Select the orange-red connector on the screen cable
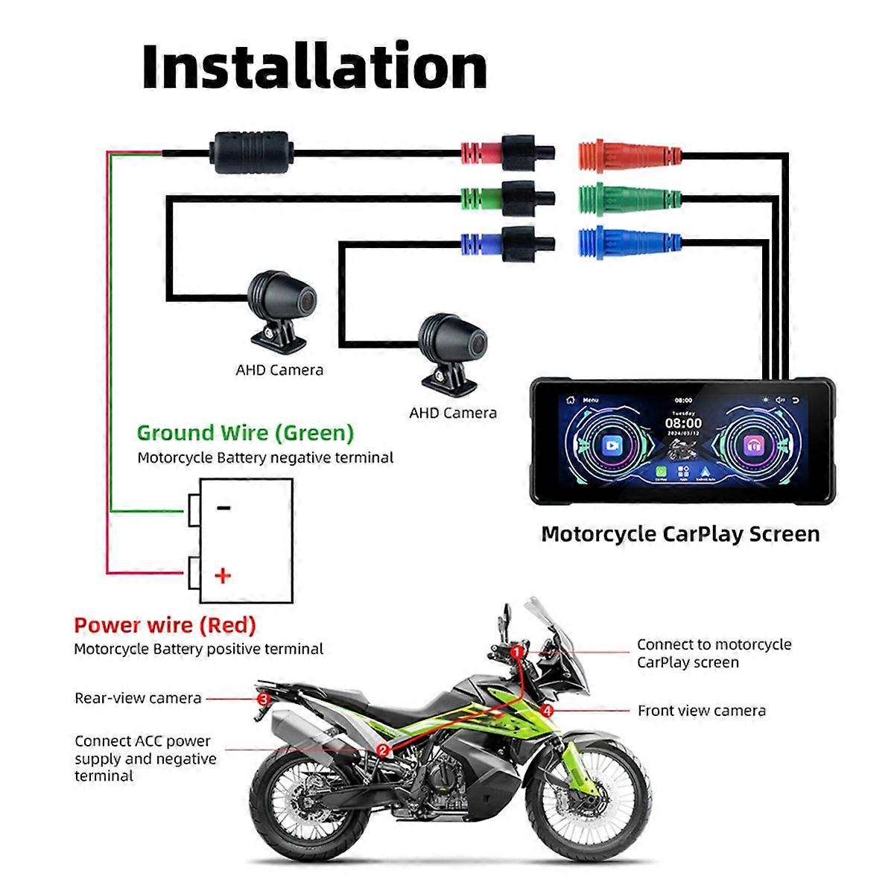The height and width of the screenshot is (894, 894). click(x=630, y=155)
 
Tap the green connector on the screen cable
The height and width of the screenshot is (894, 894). click(x=630, y=198)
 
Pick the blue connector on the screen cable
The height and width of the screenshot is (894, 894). click(x=630, y=242)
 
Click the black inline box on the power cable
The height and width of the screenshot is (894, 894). click(x=251, y=153)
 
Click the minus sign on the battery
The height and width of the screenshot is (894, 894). click(x=223, y=508)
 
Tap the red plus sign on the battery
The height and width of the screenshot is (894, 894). click(x=223, y=575)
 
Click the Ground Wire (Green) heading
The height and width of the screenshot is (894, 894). click(x=245, y=433)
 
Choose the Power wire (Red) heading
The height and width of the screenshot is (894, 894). click(x=165, y=625)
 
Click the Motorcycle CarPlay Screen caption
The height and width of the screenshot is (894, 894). click(x=679, y=533)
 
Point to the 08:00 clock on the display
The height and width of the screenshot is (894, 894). click(x=683, y=423)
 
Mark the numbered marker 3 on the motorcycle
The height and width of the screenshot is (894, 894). click(x=263, y=699)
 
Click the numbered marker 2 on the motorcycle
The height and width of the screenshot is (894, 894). click(x=383, y=750)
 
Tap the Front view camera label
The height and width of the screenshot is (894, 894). click(x=701, y=711)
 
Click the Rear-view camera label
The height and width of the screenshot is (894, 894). click(x=138, y=698)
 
